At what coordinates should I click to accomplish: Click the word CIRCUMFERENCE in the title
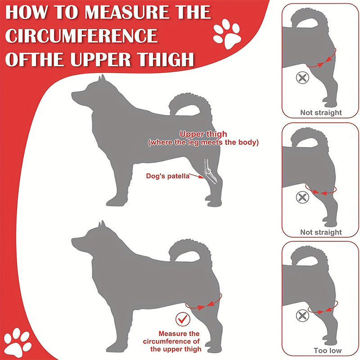(x=81, y=36)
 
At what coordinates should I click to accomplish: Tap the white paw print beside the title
(x=227, y=34)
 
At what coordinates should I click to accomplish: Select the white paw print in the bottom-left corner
(x=18, y=342)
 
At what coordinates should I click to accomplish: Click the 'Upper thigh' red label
(x=203, y=134)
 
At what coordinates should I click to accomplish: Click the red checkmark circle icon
(x=183, y=319)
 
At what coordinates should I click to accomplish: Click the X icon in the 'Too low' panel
(x=302, y=315)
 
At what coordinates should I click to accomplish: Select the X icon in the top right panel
(x=302, y=77)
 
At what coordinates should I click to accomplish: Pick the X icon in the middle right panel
(x=302, y=197)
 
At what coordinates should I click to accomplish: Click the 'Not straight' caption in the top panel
(x=321, y=112)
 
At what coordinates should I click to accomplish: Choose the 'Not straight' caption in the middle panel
(x=321, y=232)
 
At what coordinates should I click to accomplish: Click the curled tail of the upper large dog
(x=191, y=106)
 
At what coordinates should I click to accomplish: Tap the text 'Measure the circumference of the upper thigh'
(x=179, y=341)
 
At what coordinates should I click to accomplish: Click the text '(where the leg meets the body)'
(x=203, y=143)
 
